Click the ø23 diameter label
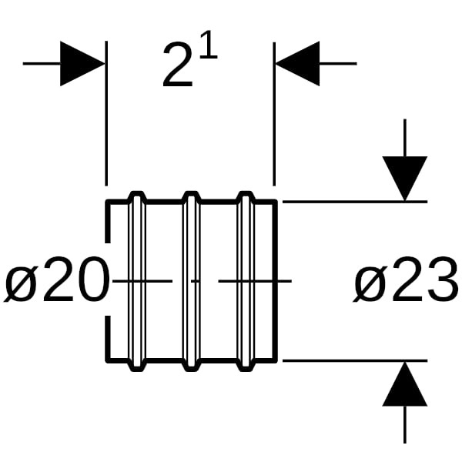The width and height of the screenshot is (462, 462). click(x=406, y=283)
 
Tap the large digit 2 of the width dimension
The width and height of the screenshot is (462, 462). click(x=178, y=67)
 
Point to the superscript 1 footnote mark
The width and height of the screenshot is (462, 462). click(x=209, y=49)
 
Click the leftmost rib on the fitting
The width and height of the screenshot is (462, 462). click(x=136, y=281)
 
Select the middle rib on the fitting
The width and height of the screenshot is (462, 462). click(x=191, y=281)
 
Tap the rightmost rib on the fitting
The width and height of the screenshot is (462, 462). click(x=245, y=281)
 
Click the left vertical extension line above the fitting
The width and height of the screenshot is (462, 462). click(x=106, y=115)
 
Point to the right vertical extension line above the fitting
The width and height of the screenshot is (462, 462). click(x=274, y=115)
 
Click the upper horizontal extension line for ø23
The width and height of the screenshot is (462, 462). click(x=354, y=202)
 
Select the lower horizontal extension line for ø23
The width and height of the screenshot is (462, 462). click(x=354, y=360)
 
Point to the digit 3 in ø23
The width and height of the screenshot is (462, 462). click(x=441, y=283)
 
